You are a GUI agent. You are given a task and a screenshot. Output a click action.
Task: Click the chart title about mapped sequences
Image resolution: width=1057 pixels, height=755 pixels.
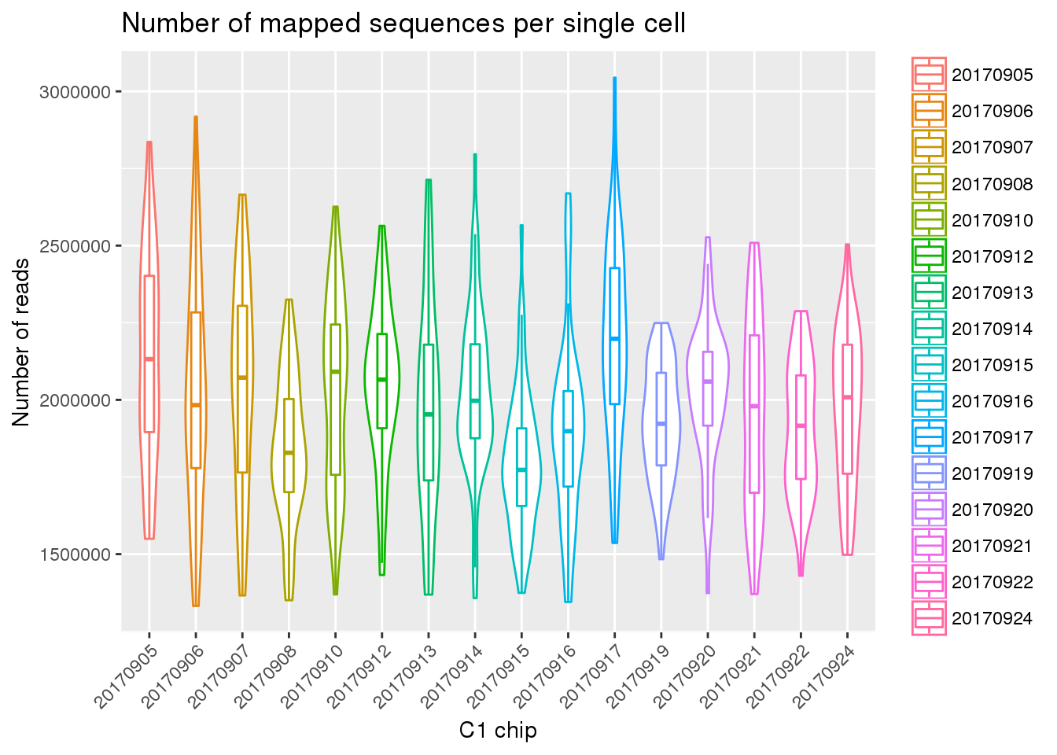pos(403,24)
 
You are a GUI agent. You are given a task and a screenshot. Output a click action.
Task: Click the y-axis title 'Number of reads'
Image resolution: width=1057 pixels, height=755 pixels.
pos(21,342)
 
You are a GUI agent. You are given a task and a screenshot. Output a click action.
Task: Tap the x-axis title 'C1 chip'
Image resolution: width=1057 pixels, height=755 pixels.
pos(498,731)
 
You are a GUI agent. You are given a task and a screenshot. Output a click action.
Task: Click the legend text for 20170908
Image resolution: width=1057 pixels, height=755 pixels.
pos(992,184)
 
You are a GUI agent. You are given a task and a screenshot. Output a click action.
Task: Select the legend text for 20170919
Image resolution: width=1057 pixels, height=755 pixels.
pos(992,473)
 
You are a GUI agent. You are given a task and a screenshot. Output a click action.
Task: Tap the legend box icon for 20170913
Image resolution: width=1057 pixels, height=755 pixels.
pos(929,293)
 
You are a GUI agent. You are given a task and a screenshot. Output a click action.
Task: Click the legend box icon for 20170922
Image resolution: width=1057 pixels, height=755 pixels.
pos(929,582)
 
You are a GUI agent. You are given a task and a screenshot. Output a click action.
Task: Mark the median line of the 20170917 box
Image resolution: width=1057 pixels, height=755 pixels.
pos(614,338)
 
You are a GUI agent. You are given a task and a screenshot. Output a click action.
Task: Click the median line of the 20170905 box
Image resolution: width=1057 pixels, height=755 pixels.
pos(149,359)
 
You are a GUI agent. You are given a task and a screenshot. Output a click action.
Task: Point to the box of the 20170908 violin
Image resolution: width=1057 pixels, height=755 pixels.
pos(289,445)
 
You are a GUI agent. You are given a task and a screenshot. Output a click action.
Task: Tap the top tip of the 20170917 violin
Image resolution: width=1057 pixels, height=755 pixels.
pos(614,79)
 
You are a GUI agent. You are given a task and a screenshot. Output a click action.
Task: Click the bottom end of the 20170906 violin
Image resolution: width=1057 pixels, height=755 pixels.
pos(195,605)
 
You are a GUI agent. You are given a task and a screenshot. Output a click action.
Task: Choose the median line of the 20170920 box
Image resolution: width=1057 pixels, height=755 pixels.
pos(708,381)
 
